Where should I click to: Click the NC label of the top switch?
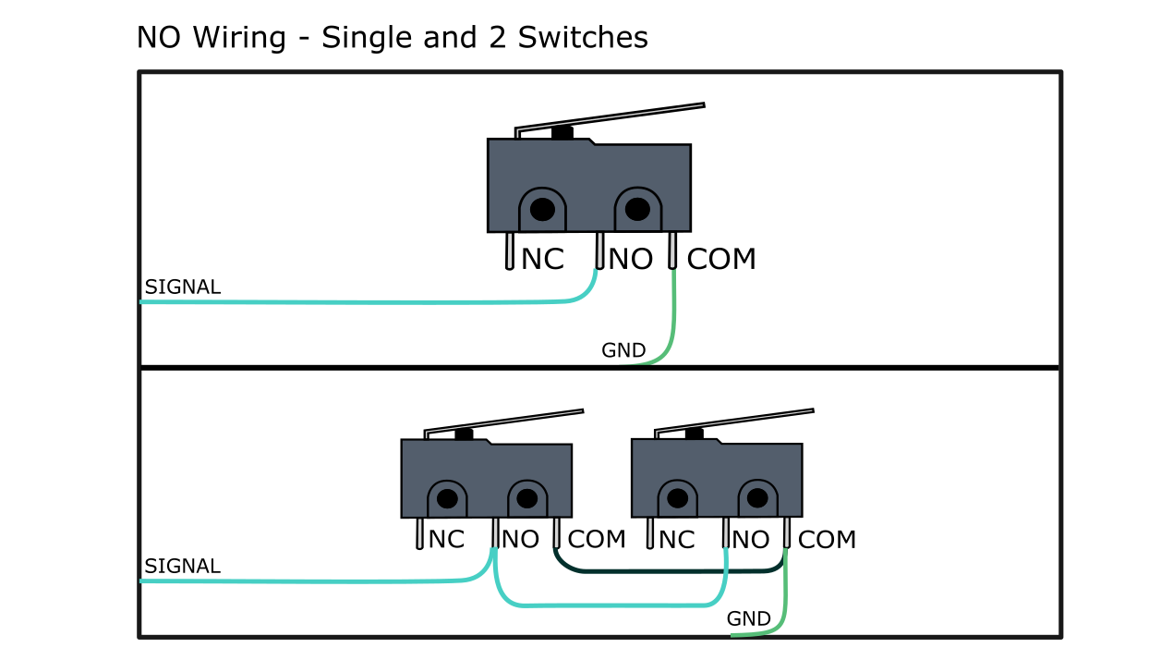542,260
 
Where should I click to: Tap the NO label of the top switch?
631,260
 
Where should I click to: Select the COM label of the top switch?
721,260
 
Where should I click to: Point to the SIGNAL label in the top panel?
183,287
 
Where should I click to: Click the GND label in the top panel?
623,351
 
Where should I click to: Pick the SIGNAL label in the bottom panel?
183,567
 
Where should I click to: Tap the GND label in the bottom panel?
749,619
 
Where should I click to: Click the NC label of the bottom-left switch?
446,540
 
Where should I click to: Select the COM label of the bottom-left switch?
597,540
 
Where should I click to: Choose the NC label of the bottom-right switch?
676,540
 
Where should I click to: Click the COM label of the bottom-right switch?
827,540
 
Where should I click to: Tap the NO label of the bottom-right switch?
751,540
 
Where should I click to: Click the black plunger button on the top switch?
562,133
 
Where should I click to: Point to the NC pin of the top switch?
510,251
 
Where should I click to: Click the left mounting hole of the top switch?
543,210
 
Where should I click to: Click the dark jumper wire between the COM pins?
647,571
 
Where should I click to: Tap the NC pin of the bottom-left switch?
419,533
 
